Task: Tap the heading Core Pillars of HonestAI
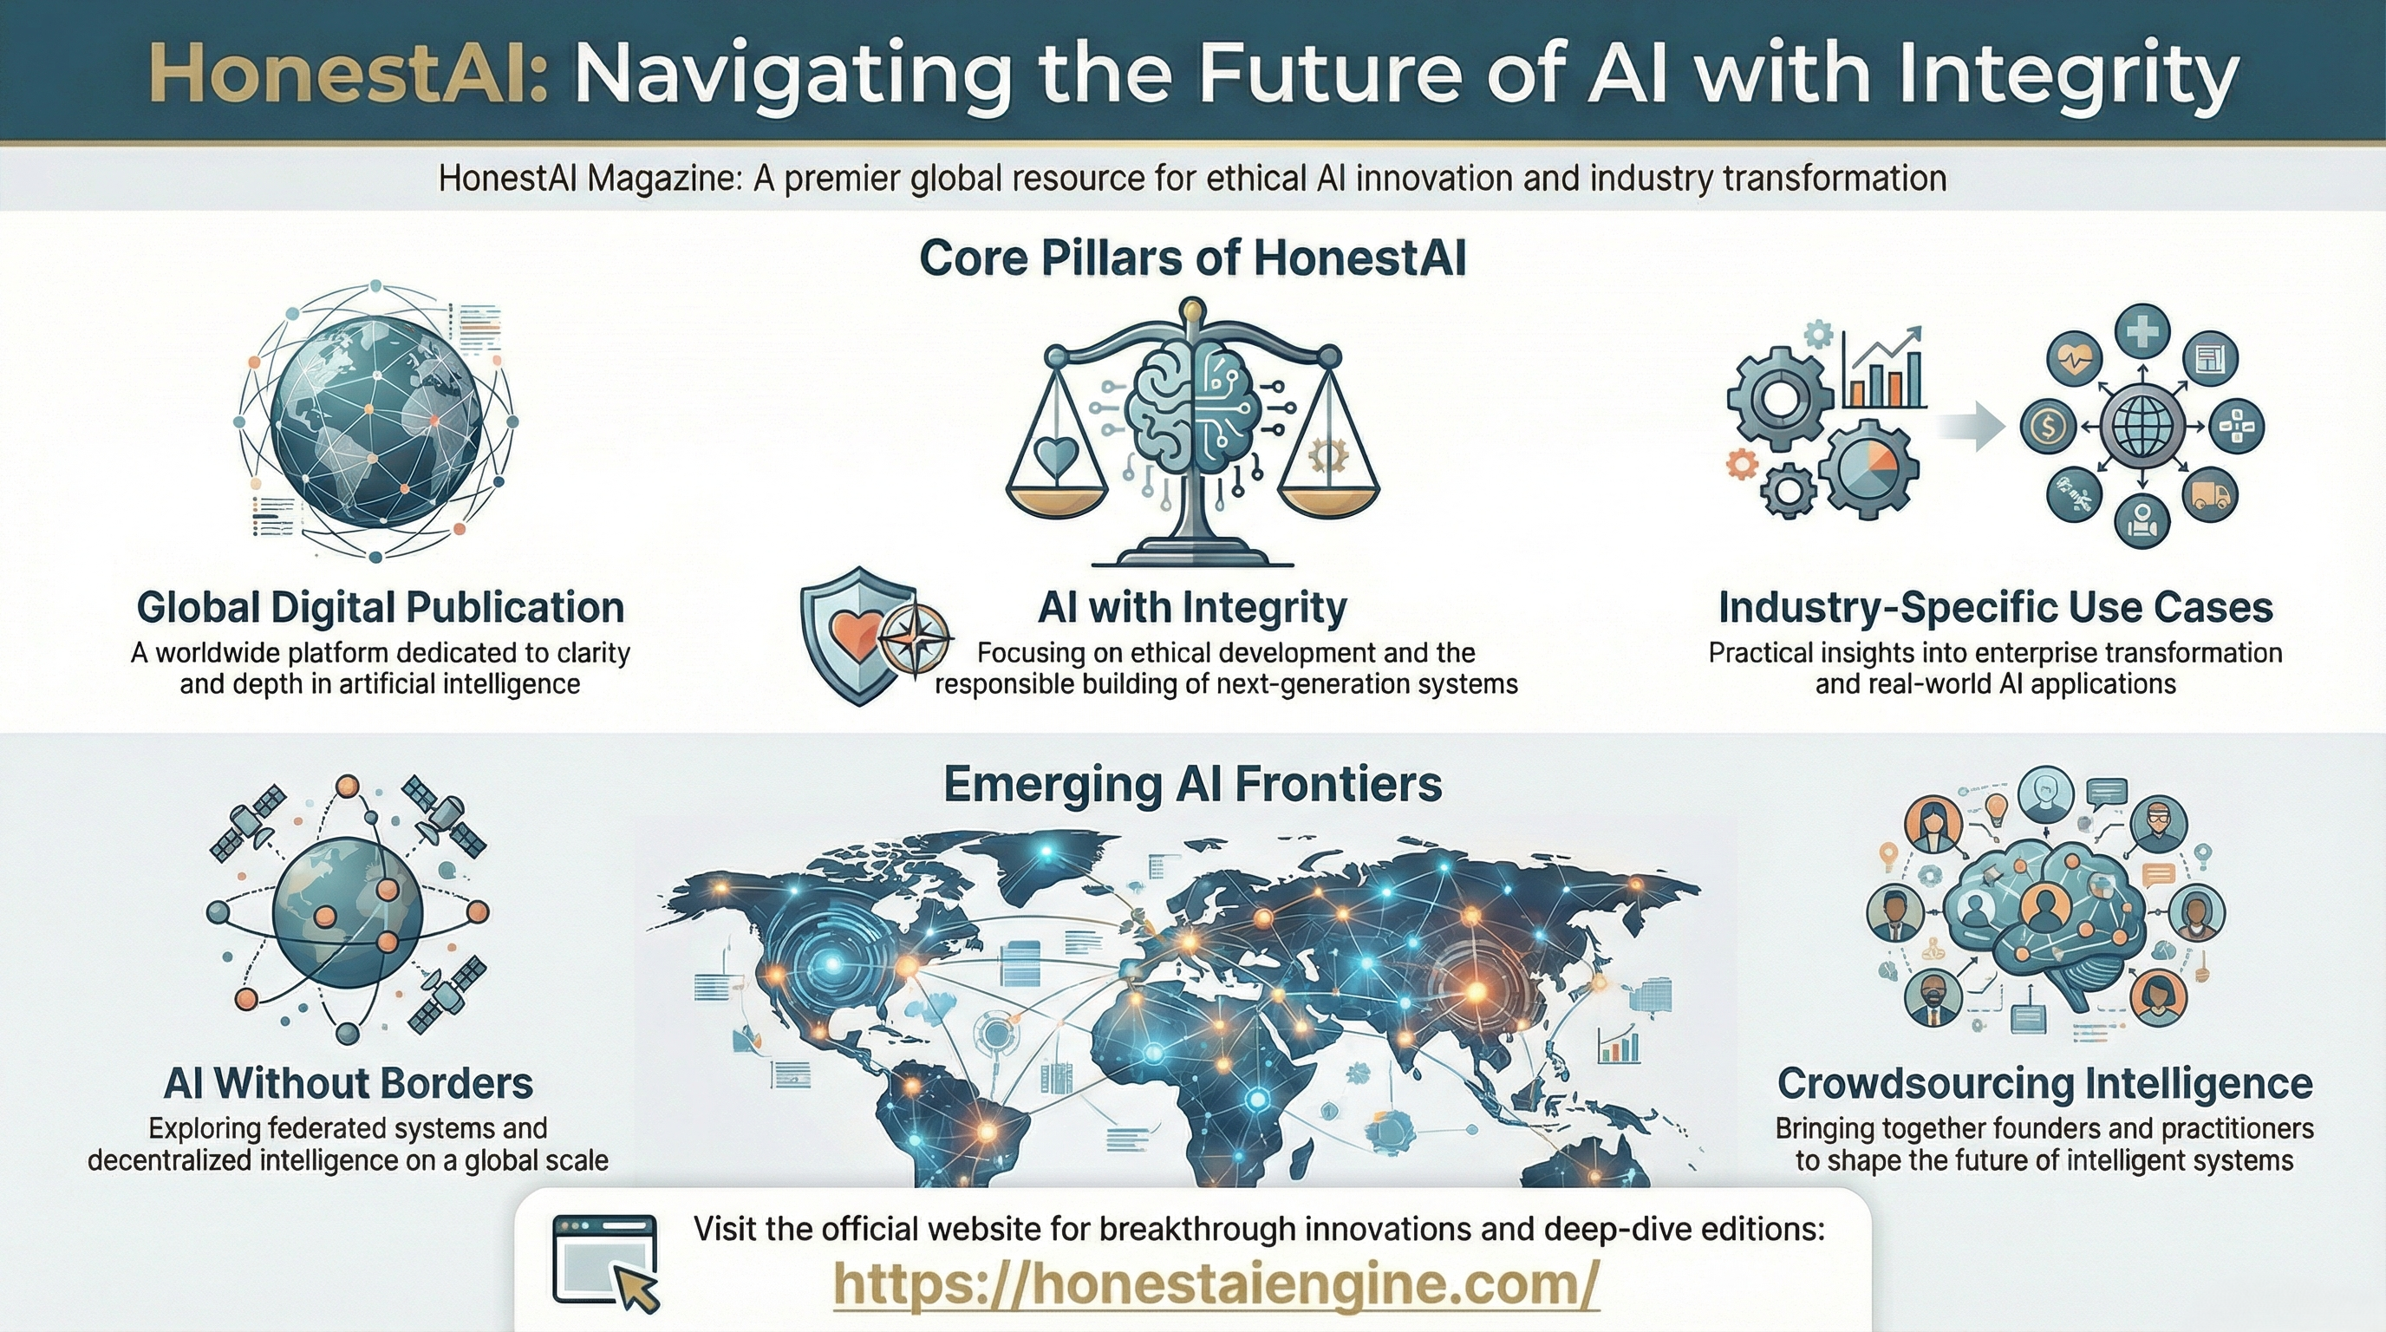tap(1193, 258)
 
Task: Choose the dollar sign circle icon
tap(2049, 427)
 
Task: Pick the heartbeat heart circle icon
tap(2073, 356)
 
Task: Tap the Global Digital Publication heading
tap(380, 608)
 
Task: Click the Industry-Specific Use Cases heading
tap(1995, 608)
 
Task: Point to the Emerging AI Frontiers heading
tap(1192, 784)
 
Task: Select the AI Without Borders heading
tap(348, 1083)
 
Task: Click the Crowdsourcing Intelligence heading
tap(2044, 1083)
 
